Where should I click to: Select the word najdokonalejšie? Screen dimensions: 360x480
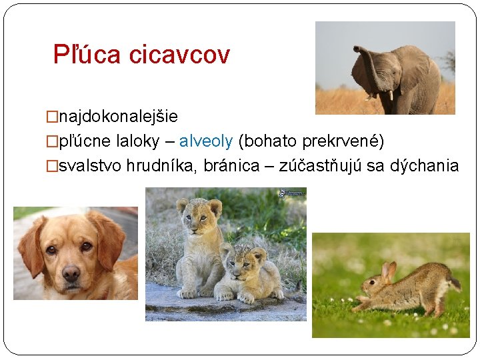(118, 117)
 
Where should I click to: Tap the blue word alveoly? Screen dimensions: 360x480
(206, 141)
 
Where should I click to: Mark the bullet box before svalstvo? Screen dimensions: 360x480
(52, 166)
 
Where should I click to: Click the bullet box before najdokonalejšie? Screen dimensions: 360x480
(52, 117)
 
